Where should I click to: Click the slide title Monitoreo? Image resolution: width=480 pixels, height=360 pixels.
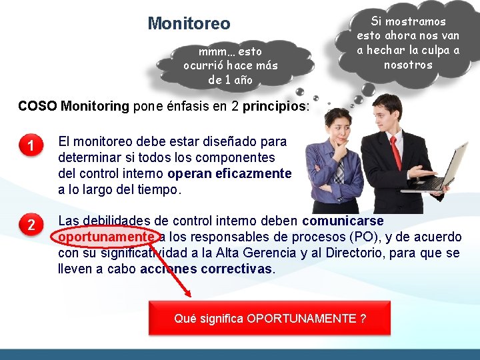coord(189,24)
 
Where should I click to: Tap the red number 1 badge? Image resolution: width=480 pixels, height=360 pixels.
coord(31,145)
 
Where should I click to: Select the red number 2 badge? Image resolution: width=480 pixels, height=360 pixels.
coord(31,225)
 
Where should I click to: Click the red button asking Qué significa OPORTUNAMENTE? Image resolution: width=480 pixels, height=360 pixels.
coord(270,318)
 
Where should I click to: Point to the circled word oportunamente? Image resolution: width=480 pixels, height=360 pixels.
coord(107,237)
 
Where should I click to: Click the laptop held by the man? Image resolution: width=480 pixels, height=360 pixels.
coord(443,170)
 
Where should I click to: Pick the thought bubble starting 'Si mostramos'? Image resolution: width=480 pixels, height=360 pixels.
coord(408,43)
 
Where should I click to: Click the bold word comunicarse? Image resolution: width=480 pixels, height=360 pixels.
coord(343,221)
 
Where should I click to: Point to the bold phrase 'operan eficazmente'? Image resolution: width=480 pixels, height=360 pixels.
coord(229,173)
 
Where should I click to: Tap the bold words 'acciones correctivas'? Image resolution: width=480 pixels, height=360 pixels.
coord(207,269)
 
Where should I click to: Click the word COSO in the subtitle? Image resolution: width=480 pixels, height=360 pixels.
coord(37,106)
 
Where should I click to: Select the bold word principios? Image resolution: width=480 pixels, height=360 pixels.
coord(275,106)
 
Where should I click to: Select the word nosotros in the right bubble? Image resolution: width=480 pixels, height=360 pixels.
coord(408,65)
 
